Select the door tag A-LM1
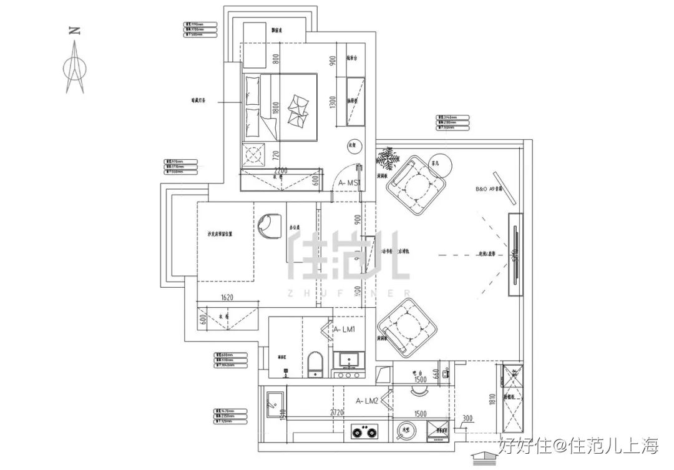[x=345, y=329]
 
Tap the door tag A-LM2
[x=368, y=401]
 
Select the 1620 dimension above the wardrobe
[x=227, y=298]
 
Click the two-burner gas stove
[x=367, y=431]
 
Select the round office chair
[x=270, y=225]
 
